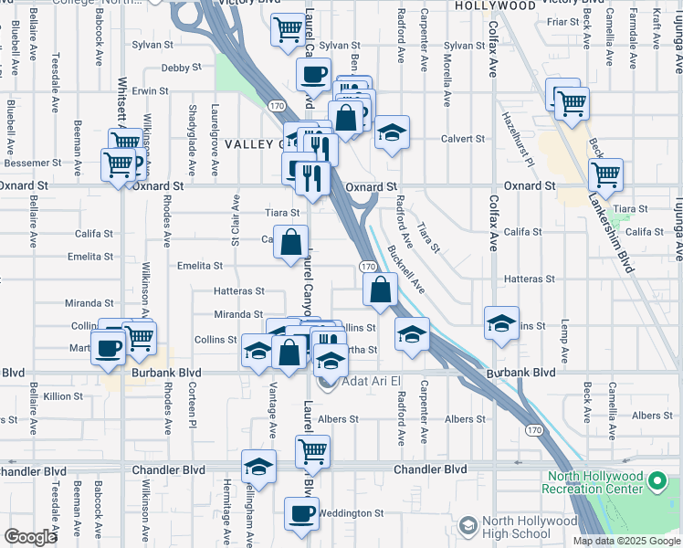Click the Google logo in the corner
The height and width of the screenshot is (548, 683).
point(30,537)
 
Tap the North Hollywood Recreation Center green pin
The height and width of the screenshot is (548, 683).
point(656,480)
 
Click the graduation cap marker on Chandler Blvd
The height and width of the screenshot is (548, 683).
point(259,467)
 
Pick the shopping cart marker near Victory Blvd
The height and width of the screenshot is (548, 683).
point(288,29)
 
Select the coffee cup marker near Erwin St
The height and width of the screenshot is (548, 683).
point(314,73)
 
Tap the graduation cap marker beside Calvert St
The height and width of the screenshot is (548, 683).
point(392,135)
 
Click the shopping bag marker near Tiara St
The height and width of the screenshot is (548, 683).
point(290,243)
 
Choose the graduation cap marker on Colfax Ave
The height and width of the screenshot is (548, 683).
point(501,323)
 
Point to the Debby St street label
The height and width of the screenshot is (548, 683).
point(180,68)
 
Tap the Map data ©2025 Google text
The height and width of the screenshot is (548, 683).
point(625,541)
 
